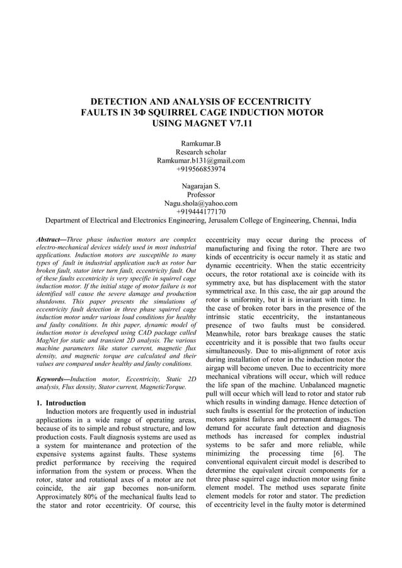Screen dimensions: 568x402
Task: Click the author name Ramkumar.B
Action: (x=200, y=144)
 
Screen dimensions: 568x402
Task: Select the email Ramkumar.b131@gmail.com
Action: (x=200, y=161)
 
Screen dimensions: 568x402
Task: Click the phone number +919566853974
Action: (x=200, y=169)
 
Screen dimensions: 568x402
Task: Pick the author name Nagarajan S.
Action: (x=200, y=186)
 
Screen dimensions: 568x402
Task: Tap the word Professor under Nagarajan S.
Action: (x=200, y=195)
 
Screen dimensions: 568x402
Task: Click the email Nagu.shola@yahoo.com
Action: (x=200, y=203)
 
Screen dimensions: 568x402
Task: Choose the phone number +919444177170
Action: (x=200, y=212)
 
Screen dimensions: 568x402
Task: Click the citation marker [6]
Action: (x=334, y=453)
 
